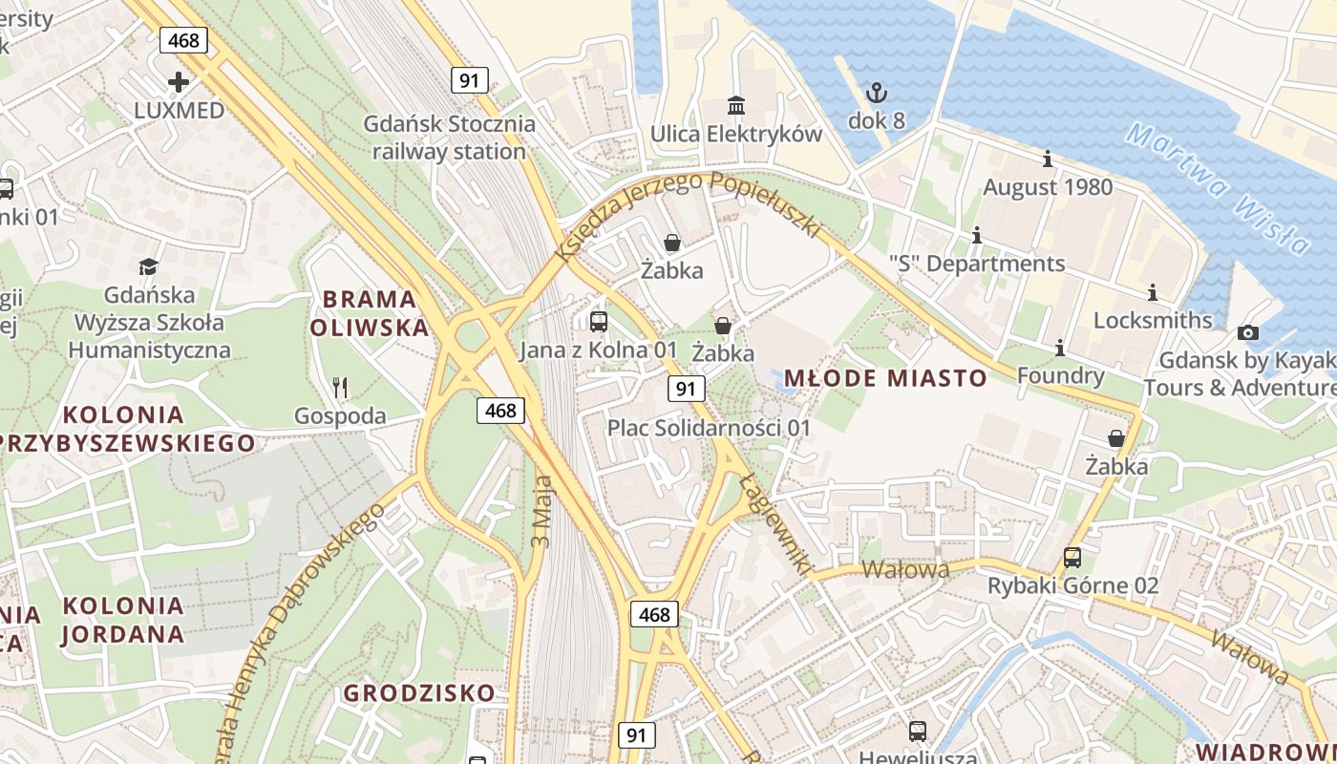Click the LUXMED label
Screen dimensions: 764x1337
(179, 110)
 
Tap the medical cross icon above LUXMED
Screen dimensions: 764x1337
(179, 81)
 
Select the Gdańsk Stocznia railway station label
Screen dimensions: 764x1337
(449, 138)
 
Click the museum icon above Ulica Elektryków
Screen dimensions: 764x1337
(736, 104)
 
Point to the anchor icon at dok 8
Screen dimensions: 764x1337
(876, 93)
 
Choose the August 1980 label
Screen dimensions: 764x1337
(1048, 186)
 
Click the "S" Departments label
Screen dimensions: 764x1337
(976, 264)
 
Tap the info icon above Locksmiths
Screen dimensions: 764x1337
(1153, 292)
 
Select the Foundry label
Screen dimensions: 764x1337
(1060, 375)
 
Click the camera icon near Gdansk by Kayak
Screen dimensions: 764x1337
(1247, 332)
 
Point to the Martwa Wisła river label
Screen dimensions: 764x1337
(1218, 188)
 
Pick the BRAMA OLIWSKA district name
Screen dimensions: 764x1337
(369, 313)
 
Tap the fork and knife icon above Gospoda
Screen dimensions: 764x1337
(339, 387)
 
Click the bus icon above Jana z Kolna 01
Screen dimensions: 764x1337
(599, 322)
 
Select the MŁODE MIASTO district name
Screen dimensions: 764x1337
(885, 378)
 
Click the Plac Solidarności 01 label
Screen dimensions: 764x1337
(709, 428)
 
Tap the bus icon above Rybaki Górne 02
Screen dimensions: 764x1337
(1072, 558)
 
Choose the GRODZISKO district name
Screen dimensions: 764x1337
(419, 692)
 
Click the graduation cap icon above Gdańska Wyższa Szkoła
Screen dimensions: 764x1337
(148, 266)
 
